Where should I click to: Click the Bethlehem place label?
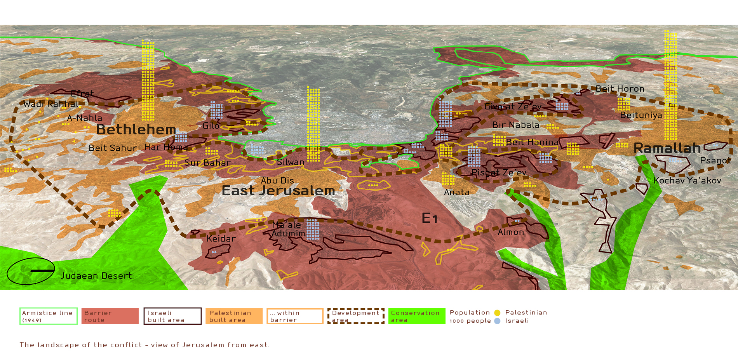136,130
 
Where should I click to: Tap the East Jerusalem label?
278,191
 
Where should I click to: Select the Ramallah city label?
667,148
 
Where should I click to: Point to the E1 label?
430,218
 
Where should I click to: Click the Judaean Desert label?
96,276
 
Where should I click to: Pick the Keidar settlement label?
221,239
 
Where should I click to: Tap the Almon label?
511,232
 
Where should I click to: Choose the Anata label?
456,192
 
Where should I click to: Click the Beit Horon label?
620,89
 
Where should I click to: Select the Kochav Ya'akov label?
687,181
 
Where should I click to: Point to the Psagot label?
715,160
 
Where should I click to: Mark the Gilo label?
211,126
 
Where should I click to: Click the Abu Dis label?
277,181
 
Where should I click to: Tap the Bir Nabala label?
515,125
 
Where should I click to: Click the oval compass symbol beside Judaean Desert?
31,271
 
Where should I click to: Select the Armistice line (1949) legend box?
49,316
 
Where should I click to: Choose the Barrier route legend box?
110,316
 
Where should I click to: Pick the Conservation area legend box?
417,316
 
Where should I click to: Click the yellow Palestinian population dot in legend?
497,313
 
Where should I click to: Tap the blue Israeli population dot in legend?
497,321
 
